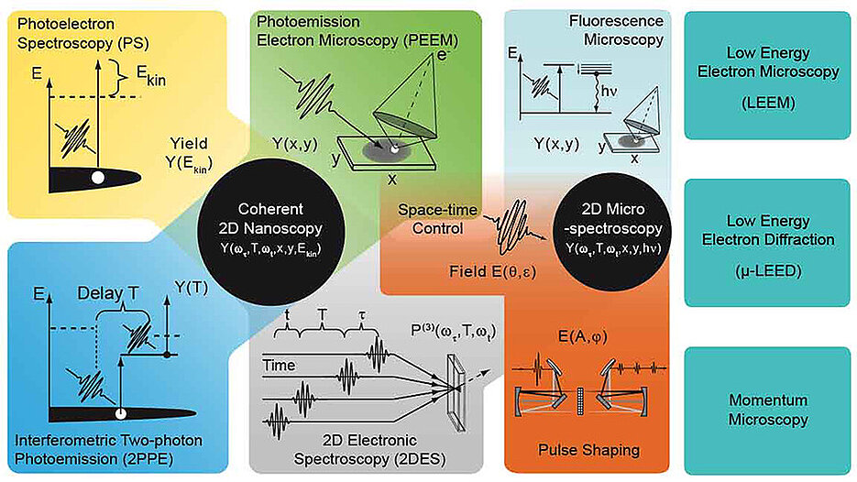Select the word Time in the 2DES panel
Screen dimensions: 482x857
pyautogui.click(x=279, y=365)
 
